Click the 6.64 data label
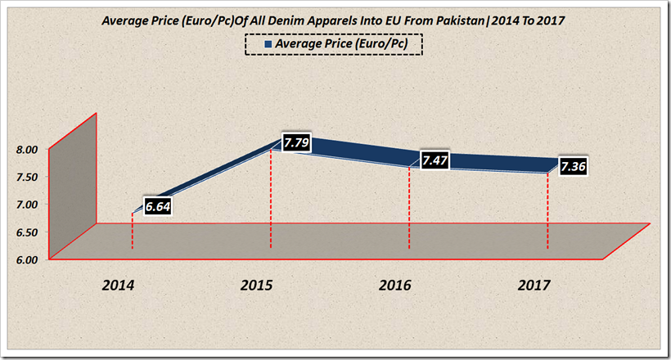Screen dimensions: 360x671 157,207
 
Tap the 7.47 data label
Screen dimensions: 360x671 434,160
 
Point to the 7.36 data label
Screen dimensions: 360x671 573,166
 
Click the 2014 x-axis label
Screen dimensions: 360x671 119,286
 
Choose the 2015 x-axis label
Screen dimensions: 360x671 257,286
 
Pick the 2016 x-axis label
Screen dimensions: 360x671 395,286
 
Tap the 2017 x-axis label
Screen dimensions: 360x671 534,286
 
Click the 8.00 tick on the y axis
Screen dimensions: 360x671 26,149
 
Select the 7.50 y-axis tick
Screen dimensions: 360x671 26,177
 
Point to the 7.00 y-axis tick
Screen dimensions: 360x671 26,205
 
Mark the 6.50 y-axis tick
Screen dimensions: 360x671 26,232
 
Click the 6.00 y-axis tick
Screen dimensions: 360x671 26,260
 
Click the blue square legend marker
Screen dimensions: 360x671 269,43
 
